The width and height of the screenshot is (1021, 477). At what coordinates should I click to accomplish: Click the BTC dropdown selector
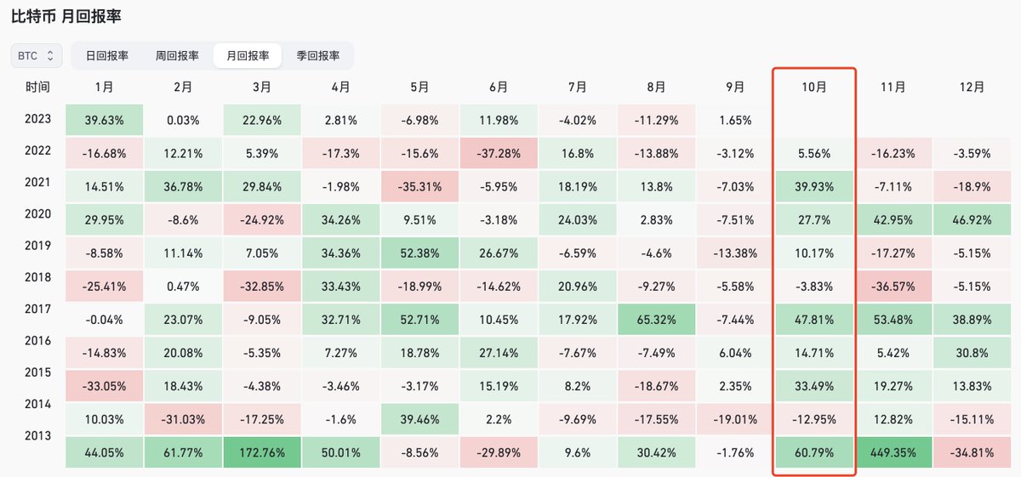(x=37, y=55)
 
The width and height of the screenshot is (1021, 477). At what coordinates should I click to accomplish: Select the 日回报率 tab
(x=107, y=55)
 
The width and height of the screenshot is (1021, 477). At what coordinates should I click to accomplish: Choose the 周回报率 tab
(x=177, y=55)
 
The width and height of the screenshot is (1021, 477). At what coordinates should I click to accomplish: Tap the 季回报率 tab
(x=318, y=55)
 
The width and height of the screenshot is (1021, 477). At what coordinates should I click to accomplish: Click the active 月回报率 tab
(x=248, y=55)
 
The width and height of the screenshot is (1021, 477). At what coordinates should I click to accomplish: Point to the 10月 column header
(x=814, y=87)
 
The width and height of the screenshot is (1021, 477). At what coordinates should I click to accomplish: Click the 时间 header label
(x=37, y=87)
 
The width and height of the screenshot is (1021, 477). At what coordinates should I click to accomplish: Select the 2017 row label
(x=37, y=309)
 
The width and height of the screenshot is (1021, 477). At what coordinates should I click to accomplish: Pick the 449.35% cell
(x=893, y=452)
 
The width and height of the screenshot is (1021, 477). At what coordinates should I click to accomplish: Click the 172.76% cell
(x=262, y=452)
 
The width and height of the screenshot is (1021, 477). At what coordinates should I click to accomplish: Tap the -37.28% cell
(x=499, y=153)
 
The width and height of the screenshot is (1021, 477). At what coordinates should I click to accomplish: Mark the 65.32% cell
(x=656, y=320)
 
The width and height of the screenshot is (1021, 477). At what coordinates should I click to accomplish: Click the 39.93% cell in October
(x=814, y=186)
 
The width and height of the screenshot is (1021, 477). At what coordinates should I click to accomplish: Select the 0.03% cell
(x=183, y=120)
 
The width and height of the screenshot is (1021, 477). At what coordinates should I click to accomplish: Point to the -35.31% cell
(x=419, y=186)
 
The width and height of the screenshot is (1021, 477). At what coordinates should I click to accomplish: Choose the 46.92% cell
(x=972, y=219)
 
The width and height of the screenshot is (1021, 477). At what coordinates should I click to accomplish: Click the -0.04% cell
(x=105, y=320)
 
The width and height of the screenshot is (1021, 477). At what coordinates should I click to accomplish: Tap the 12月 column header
(x=972, y=87)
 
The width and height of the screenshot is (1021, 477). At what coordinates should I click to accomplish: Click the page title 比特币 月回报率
(x=66, y=16)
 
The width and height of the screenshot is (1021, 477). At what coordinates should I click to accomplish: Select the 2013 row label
(x=37, y=435)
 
